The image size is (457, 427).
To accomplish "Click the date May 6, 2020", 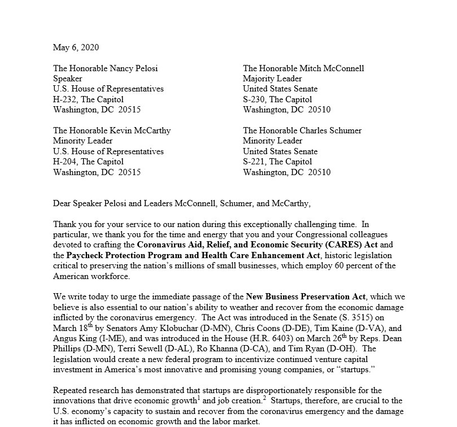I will (76, 47).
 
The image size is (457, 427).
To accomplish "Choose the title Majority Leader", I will (272, 79).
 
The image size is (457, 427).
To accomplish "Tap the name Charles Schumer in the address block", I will (331, 130).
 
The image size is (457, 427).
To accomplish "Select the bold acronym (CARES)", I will (336, 245).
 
